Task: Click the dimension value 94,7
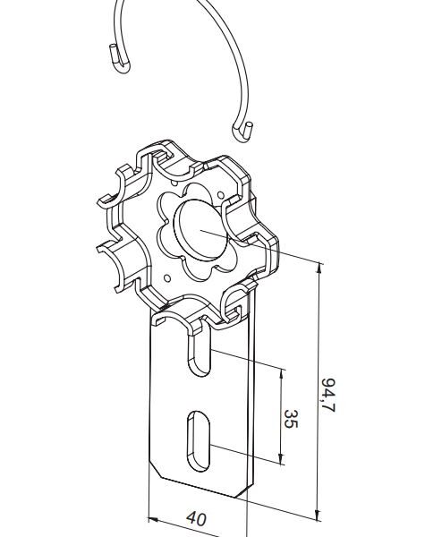[328, 396]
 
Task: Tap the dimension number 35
[291, 419]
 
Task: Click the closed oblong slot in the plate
[199, 441]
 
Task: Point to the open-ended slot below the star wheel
[199, 356]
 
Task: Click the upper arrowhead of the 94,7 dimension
[319, 268]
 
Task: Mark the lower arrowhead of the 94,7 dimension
[318, 515]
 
